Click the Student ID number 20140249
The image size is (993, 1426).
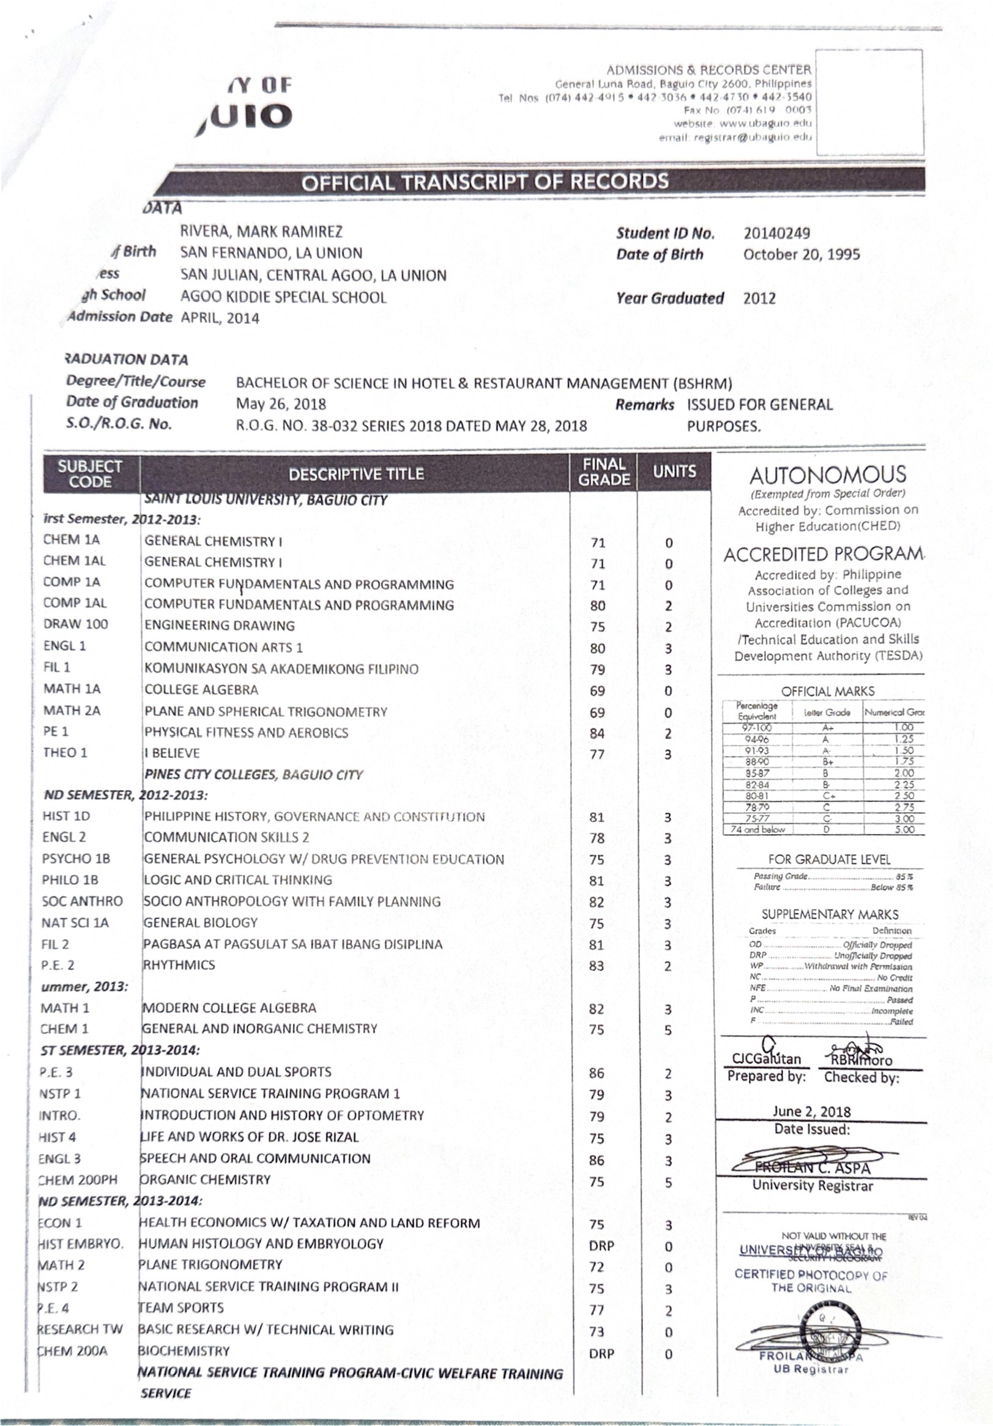coord(776,234)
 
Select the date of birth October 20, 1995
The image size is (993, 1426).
coord(801,254)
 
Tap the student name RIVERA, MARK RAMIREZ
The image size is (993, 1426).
coord(261,232)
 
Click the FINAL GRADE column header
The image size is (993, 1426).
coord(603,472)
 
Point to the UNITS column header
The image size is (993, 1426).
coord(674,471)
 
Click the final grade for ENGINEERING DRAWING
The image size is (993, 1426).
coord(597,627)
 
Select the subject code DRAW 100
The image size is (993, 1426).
coord(75,624)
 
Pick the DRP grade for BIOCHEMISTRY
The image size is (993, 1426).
coord(601,1353)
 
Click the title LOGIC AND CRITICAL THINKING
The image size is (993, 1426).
coord(238,879)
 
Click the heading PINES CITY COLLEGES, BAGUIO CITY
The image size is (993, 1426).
coord(253,775)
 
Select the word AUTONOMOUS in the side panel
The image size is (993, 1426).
coord(827,475)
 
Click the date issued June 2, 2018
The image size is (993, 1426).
coord(811,1111)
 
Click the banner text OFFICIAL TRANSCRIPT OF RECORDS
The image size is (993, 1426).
coord(485,182)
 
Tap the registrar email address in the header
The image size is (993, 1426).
coord(735,136)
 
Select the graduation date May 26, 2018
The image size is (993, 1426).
coord(281,404)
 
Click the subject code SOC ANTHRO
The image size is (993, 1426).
coord(82,901)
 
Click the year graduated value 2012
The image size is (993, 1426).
coord(759,298)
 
